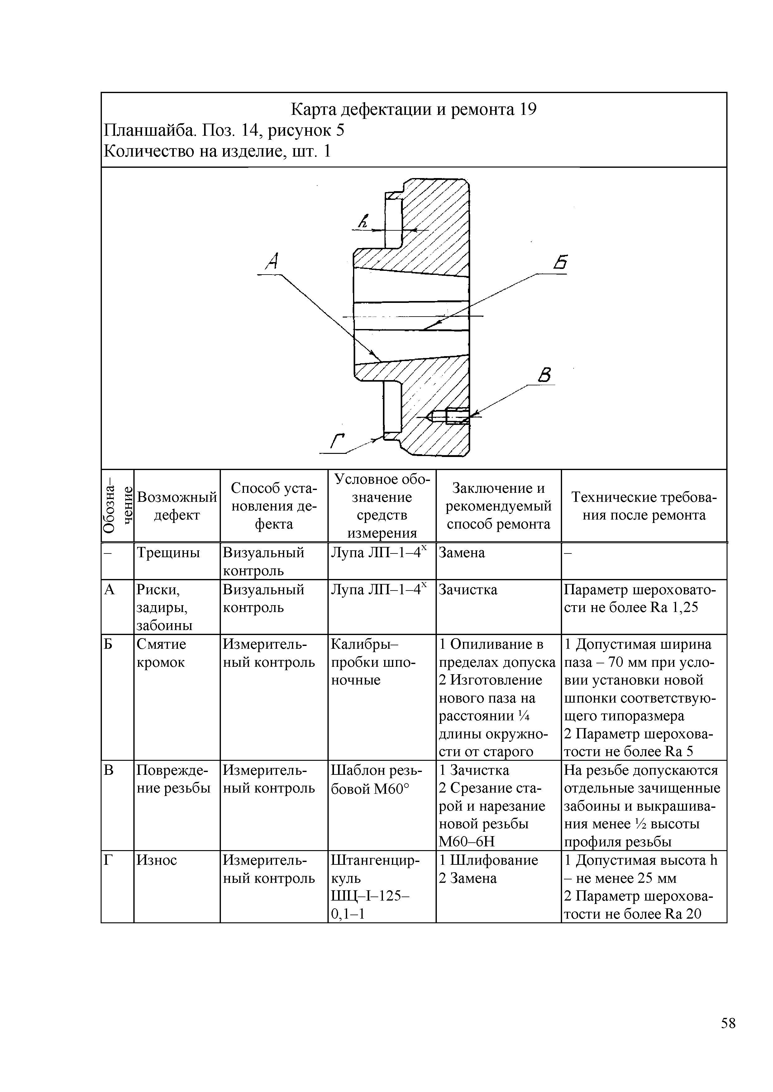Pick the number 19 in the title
528,110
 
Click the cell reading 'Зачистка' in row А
468,590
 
